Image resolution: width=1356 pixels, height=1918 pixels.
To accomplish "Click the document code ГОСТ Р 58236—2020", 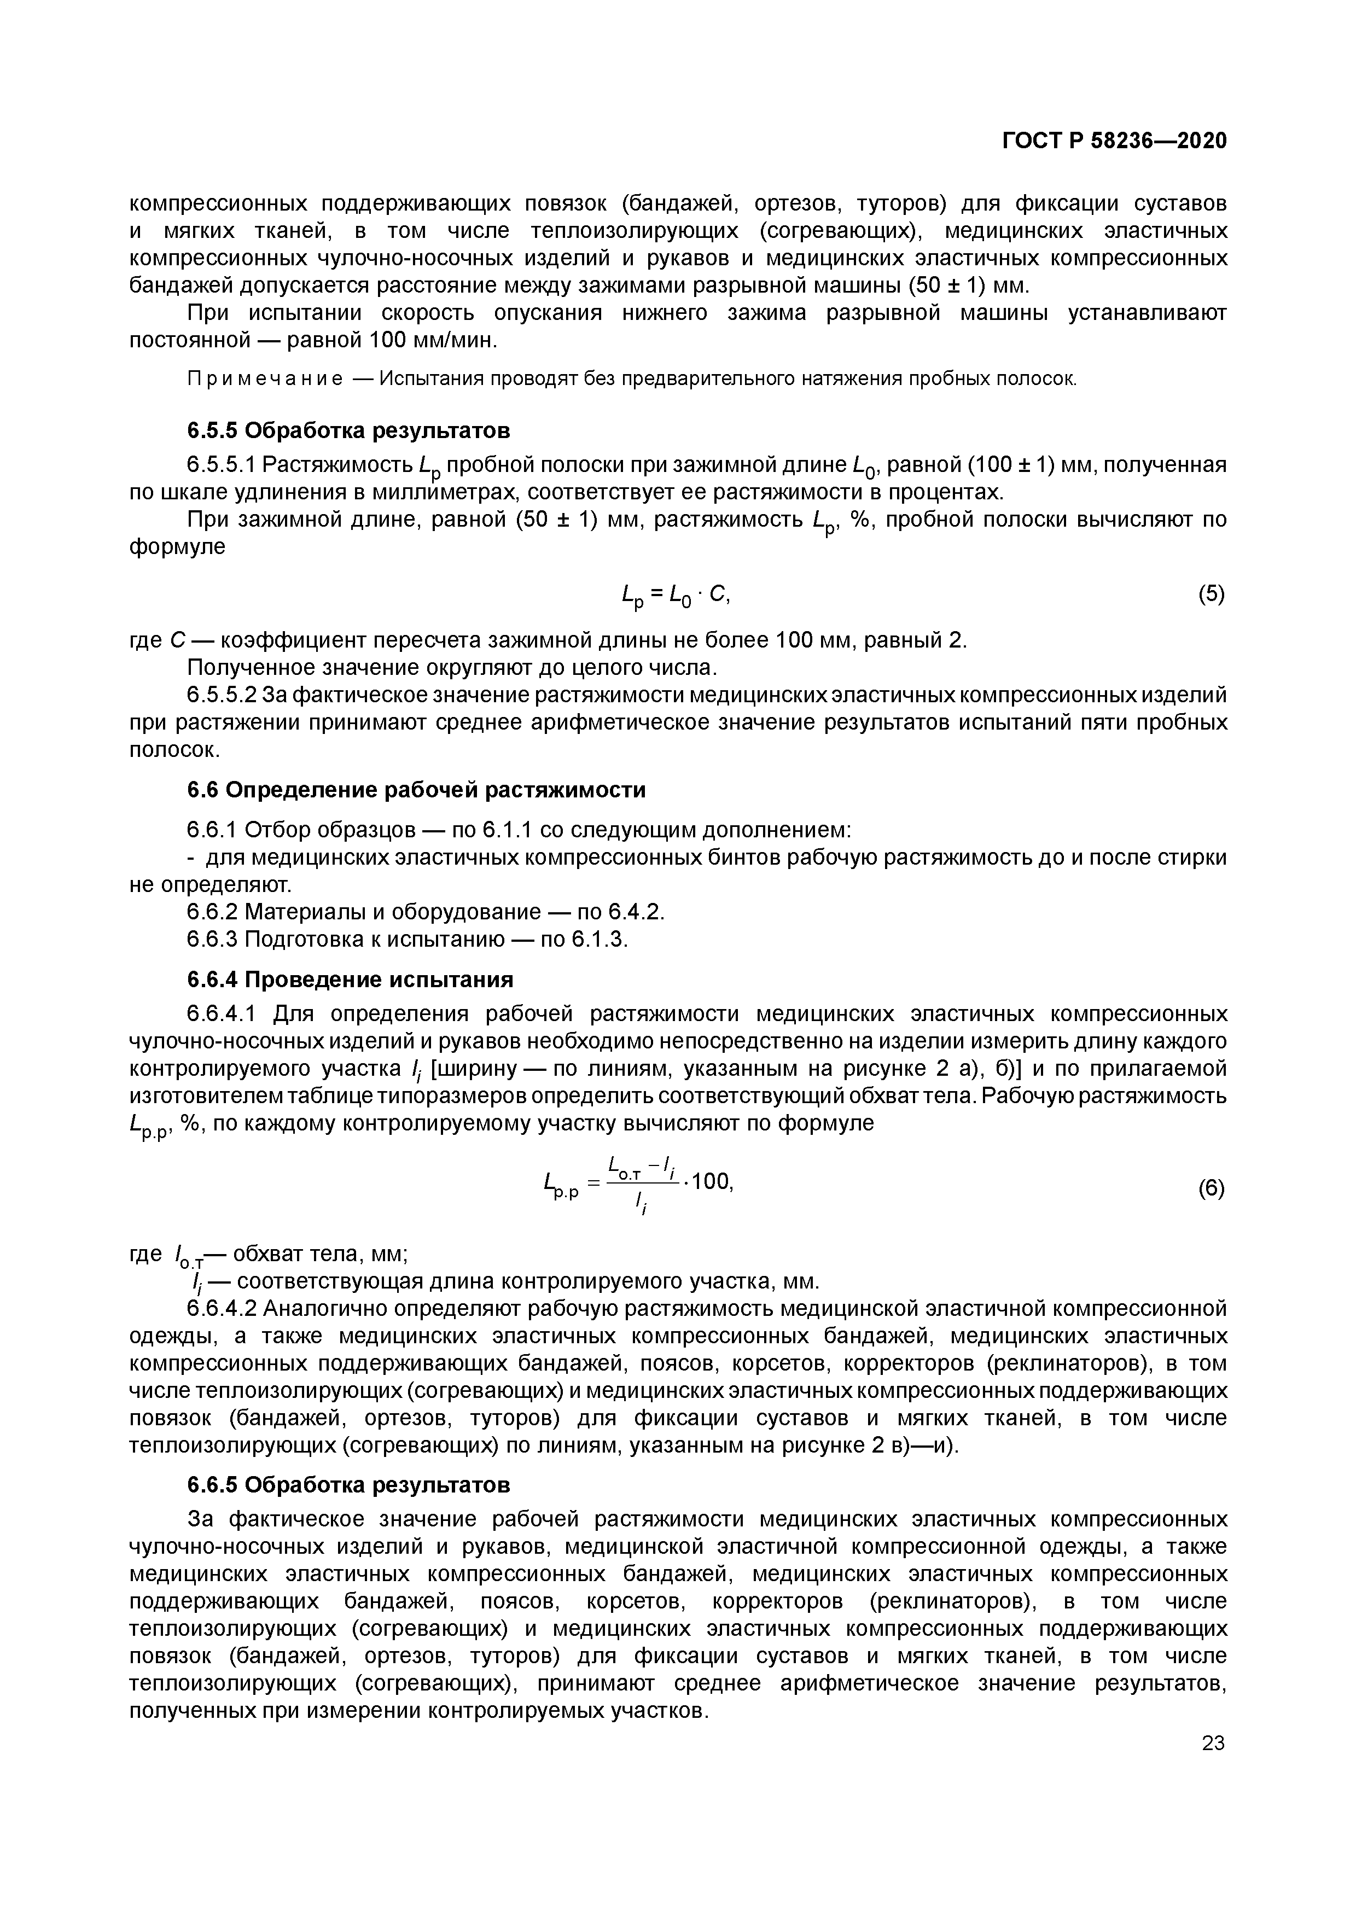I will [1115, 141].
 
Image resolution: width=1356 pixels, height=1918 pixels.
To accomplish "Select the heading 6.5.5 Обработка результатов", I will [347, 430].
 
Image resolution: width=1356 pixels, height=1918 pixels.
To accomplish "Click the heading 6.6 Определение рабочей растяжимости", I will [416, 789].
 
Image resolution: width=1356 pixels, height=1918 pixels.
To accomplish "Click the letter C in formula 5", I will [722, 594].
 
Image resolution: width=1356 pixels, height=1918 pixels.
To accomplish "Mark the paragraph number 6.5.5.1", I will [222, 464].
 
